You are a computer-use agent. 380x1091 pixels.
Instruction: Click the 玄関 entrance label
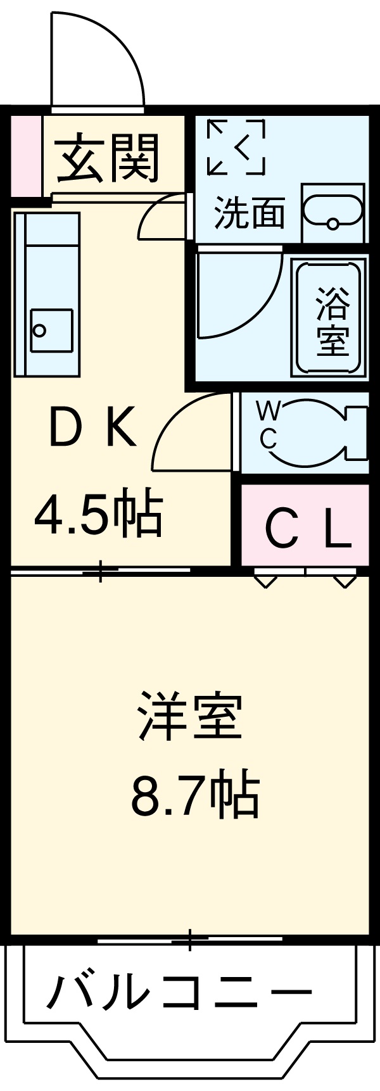pos(108,158)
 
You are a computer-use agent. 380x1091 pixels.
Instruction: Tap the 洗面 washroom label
pos(249,213)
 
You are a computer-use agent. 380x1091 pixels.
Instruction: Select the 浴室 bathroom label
pos(332,320)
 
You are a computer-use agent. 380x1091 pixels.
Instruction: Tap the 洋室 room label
pos(190,717)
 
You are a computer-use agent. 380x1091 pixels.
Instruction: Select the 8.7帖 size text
pos(195,795)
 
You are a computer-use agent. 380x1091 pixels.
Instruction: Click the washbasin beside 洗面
pos(332,212)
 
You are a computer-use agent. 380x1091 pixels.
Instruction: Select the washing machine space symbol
pos(236,146)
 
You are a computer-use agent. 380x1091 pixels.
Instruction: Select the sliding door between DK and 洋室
pos(101,572)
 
